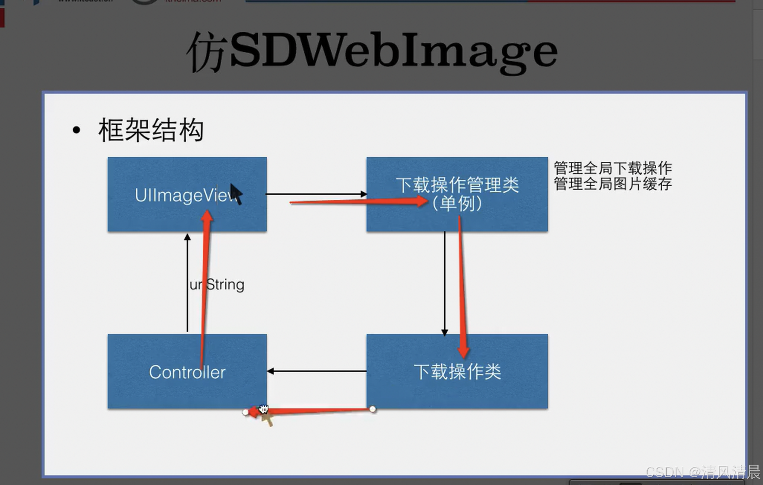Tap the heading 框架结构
151,130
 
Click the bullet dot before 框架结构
77,130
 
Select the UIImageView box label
184,195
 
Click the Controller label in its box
187,372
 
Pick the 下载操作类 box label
457,372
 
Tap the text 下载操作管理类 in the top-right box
457,185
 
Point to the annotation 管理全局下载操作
613,168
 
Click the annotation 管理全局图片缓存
613,184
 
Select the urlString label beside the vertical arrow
217,285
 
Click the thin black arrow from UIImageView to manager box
316,194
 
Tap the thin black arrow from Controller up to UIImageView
187,283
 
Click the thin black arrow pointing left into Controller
316,371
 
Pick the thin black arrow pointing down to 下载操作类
444,283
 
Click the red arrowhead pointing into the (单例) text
422,201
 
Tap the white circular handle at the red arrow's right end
373,409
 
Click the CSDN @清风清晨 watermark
703,472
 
